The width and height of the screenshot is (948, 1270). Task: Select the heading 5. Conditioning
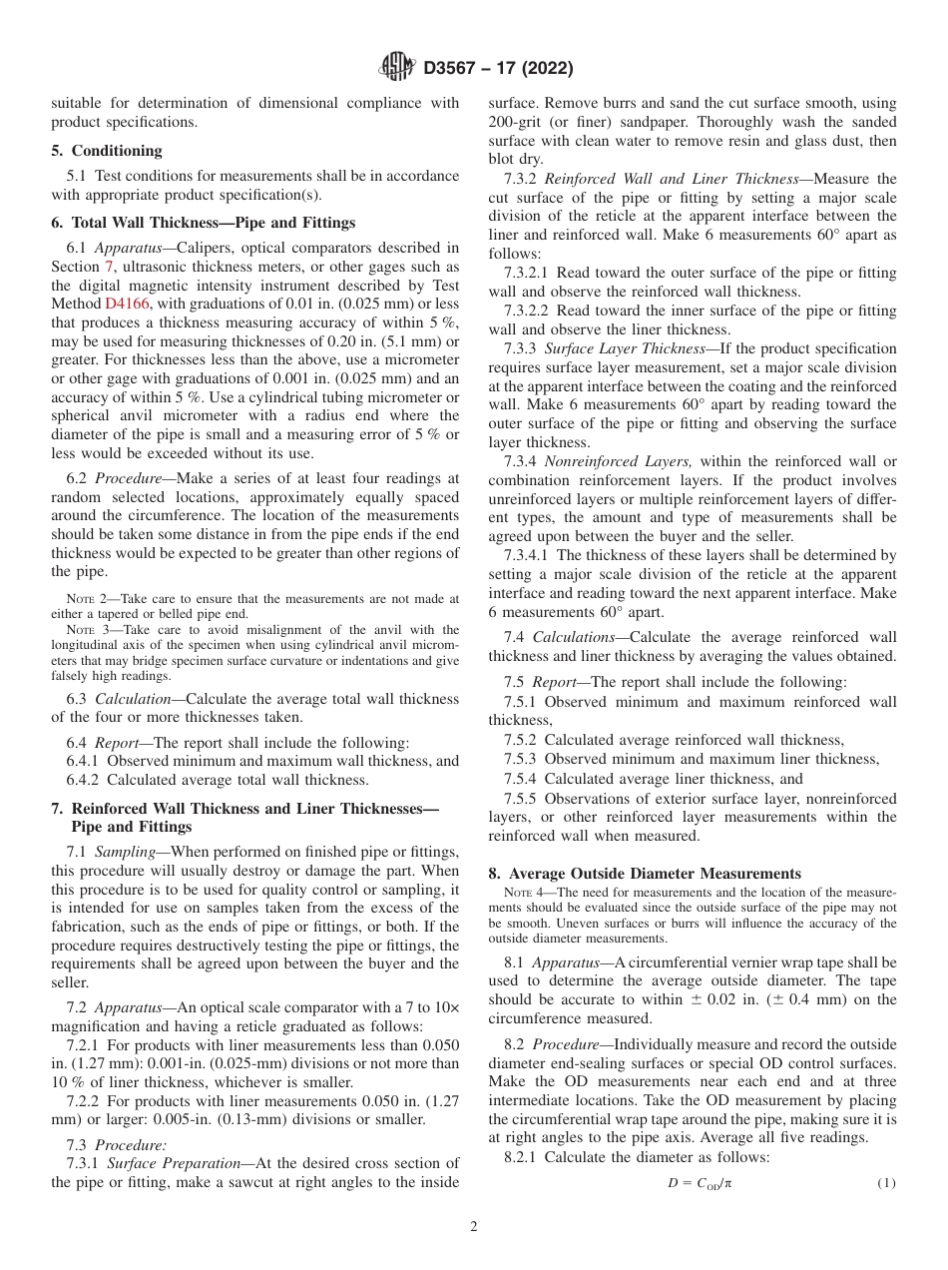[107, 150]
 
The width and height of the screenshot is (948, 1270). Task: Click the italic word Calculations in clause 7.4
[573, 636]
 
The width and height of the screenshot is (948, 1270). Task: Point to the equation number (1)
[885, 1183]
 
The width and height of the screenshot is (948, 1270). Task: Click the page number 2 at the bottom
[474, 1227]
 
